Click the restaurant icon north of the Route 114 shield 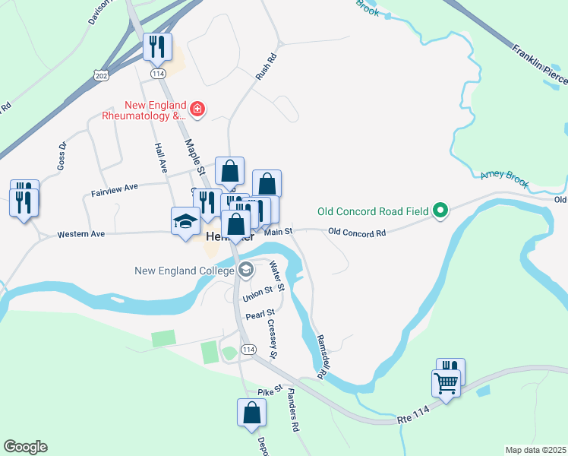coord(158,47)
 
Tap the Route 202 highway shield coord(100,74)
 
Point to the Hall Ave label coord(159,157)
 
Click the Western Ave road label coord(80,235)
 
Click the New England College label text coord(185,271)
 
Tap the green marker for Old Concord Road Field coord(440,211)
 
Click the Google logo coord(25,447)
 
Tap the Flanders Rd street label coord(292,411)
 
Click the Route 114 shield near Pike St coord(248,349)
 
